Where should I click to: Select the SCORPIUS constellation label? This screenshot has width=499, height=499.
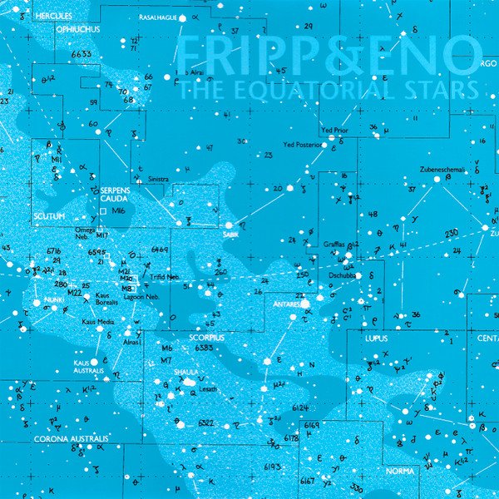pos(205,338)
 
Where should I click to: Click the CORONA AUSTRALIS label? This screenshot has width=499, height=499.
pos(72,438)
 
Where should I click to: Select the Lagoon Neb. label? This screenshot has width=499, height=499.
pos(143,297)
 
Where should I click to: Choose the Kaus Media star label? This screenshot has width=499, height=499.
pos(97,320)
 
